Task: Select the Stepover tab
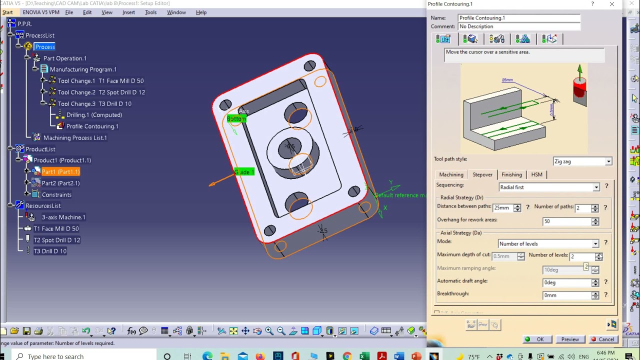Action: (482, 174)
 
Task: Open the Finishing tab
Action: (511, 174)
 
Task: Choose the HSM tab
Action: (536, 174)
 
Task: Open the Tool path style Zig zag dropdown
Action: (582, 161)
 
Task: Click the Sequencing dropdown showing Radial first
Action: (549, 187)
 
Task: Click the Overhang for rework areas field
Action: (567, 221)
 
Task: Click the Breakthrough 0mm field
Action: (567, 295)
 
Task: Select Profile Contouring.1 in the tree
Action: (92, 126)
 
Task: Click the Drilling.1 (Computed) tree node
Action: (94, 115)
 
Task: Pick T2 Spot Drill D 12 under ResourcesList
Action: (56, 240)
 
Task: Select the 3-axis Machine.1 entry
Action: (63, 217)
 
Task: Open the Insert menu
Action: (128, 12)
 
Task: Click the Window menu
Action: (176, 12)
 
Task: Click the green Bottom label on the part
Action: (236, 118)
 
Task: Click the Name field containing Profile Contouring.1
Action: (518, 17)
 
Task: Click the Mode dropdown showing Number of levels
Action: (548, 243)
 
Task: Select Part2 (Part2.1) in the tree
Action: (60, 183)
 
